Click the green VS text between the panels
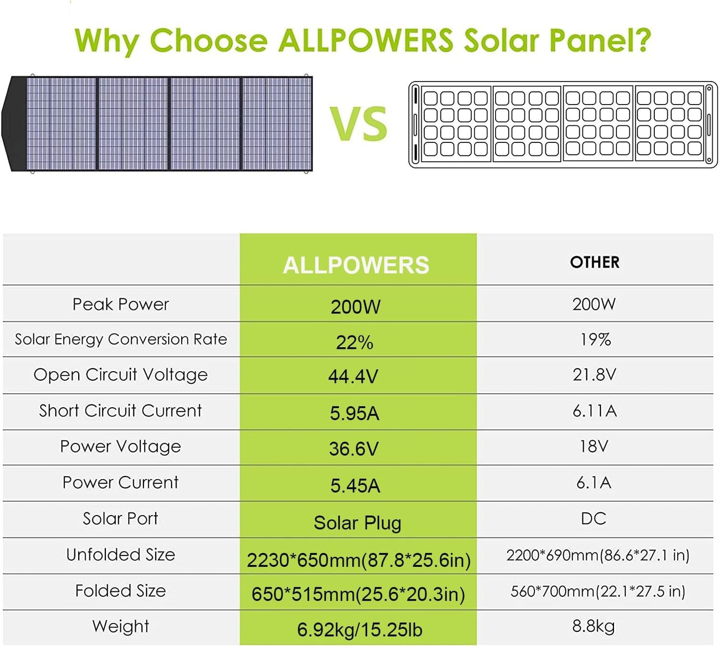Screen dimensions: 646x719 click(358, 124)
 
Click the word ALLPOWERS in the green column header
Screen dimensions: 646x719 click(356, 265)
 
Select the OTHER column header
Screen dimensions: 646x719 click(595, 262)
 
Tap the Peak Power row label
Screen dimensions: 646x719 click(120, 304)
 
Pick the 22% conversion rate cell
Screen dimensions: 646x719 click(354, 342)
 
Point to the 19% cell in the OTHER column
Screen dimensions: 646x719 click(595, 339)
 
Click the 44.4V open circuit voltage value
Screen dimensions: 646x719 click(353, 376)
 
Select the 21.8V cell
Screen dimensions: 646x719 click(594, 374)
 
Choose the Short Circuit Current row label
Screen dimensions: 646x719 click(120, 411)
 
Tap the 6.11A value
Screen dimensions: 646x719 click(595, 411)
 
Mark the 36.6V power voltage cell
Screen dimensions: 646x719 click(354, 449)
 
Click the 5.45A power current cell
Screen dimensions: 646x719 click(355, 485)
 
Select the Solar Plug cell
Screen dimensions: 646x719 click(357, 523)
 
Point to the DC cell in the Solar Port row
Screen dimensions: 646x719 click(594, 519)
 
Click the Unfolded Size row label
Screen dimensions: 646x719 click(120, 554)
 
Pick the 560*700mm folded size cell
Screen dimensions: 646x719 click(598, 591)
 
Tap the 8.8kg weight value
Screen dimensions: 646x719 click(593, 626)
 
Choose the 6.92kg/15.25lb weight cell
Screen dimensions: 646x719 click(359, 630)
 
